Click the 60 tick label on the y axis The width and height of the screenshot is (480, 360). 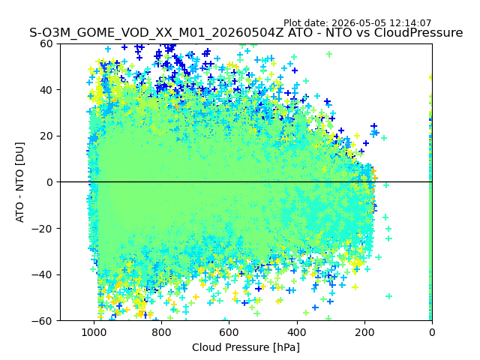[46, 43]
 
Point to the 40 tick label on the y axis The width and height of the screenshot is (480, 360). [46, 90]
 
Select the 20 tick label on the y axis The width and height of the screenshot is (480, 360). [46, 136]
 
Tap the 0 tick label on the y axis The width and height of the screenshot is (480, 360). [49, 182]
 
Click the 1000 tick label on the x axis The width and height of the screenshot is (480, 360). [94, 332]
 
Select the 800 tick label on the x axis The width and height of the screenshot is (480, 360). [162, 332]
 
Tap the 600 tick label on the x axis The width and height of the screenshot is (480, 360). [229, 332]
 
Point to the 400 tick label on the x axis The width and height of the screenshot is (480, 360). [297, 332]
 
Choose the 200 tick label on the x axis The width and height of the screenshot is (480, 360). [364, 332]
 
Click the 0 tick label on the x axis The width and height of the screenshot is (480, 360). [432, 332]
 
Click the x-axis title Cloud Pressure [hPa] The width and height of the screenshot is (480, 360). [246, 348]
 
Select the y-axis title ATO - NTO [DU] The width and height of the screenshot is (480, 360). [20, 182]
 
